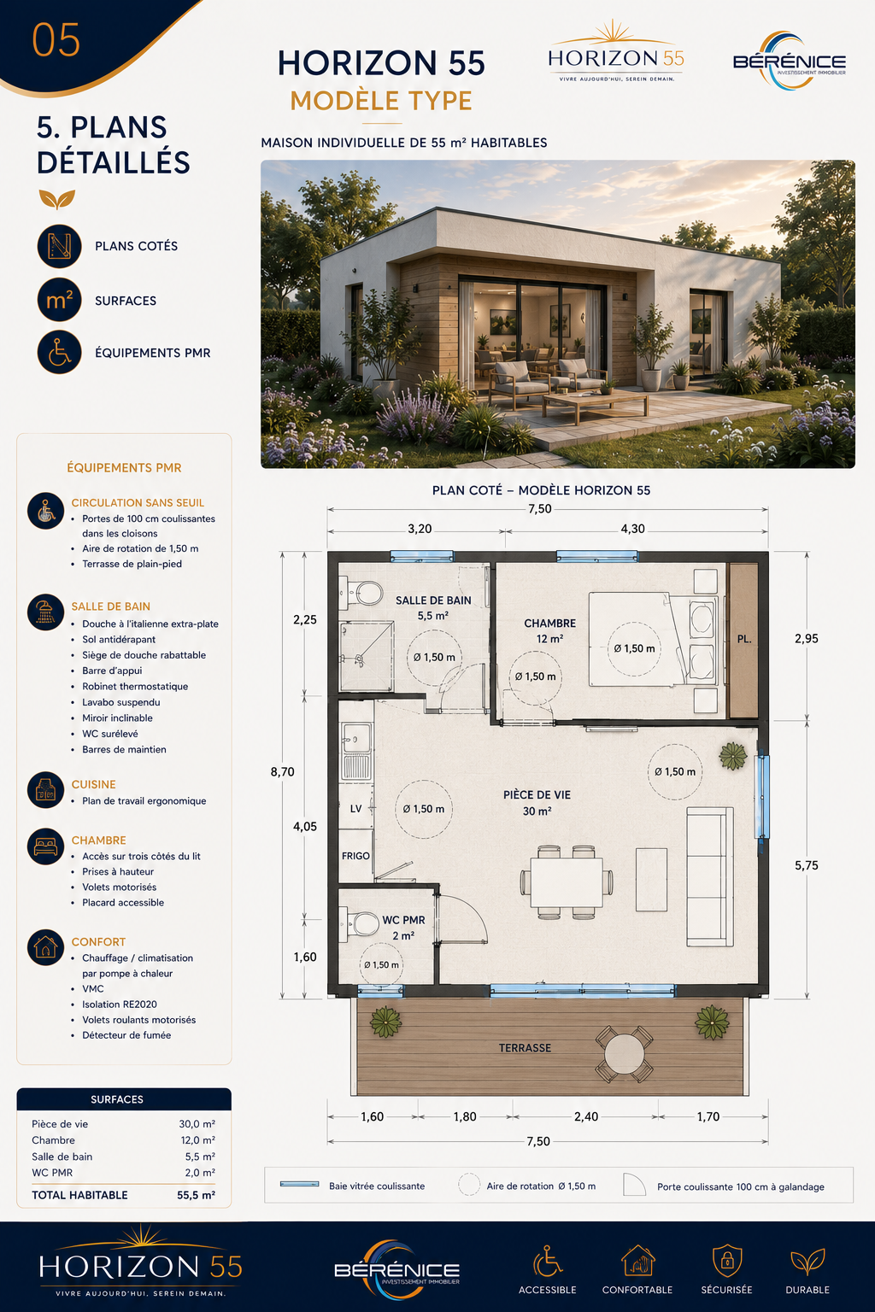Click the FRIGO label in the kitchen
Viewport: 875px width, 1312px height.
[x=355, y=856]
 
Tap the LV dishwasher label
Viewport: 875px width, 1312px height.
[x=355, y=809]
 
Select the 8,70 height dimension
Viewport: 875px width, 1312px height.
[x=283, y=772]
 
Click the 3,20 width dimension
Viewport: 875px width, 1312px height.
[x=420, y=529]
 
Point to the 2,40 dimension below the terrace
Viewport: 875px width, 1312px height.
[x=586, y=1116]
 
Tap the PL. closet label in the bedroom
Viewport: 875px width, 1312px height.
[x=743, y=639]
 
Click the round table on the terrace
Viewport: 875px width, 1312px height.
[x=624, y=1054]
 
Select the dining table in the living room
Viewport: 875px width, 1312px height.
[x=567, y=881]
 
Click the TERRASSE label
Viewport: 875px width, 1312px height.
[x=526, y=1048]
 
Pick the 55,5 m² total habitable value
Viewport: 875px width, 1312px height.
[x=196, y=1195]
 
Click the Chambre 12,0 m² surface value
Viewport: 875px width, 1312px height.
[x=197, y=1140]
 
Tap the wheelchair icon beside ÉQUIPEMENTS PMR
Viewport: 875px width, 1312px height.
[x=59, y=352]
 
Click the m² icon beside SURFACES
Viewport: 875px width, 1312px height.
[x=59, y=299]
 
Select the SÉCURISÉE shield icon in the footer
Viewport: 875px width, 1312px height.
[x=726, y=1261]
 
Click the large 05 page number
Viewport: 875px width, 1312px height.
[x=56, y=40]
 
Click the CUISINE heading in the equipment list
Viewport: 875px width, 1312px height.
[x=94, y=784]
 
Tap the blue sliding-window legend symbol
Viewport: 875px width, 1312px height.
[x=299, y=1185]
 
